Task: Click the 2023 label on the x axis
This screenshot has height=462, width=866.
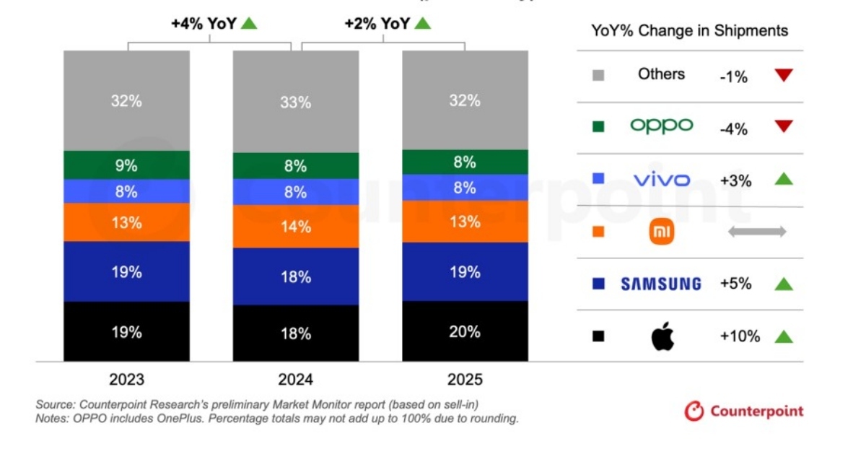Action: coord(126,380)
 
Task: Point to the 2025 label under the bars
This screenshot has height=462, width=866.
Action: coord(465,380)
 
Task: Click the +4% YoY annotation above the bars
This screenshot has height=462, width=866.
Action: coord(204,23)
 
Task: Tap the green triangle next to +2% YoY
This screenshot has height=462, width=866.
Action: coord(422,23)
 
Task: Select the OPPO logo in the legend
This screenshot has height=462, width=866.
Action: coord(661,126)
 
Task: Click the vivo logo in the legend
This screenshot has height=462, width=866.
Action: coord(661,179)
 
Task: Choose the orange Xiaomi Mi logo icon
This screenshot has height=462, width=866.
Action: coord(661,232)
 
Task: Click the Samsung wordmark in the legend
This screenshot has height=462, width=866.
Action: coord(661,284)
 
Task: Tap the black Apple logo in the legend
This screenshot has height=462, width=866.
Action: coord(661,336)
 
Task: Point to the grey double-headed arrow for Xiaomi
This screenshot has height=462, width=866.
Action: coord(756,232)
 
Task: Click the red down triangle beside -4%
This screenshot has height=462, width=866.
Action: coord(783,127)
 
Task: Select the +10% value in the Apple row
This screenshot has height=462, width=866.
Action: coord(740,336)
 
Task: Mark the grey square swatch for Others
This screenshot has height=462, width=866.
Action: coord(598,74)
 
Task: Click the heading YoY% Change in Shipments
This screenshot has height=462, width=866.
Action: coord(689,30)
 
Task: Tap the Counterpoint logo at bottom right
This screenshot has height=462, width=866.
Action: coord(743,411)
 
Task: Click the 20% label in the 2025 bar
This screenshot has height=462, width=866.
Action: coord(465,332)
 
